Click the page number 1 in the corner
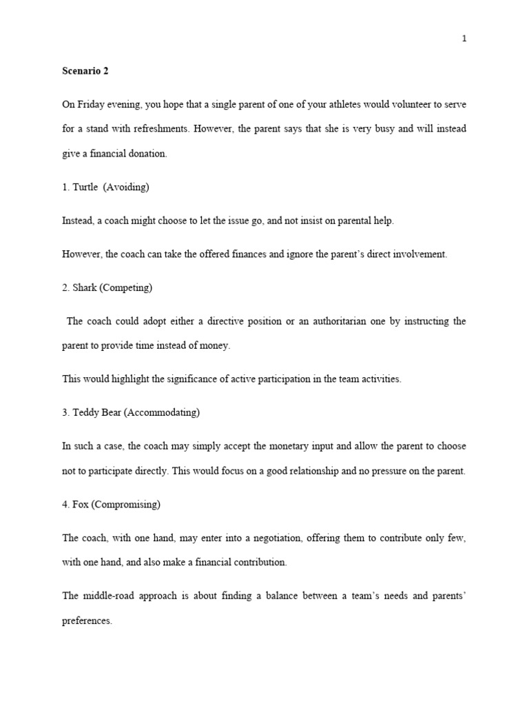click(464, 39)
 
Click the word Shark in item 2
click(85, 288)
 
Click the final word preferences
click(86, 621)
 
